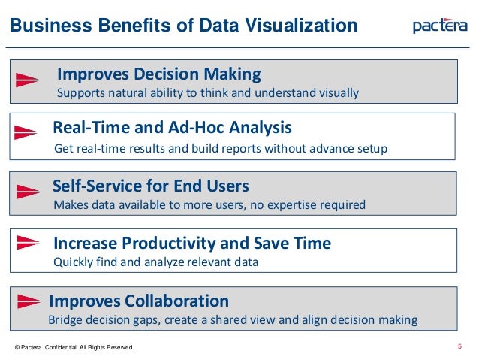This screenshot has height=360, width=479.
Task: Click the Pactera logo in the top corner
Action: (441, 26)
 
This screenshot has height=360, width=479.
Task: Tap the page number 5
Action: (459, 346)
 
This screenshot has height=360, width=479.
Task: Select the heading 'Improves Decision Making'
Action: (159, 74)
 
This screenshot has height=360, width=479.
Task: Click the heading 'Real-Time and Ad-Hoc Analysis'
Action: (173, 127)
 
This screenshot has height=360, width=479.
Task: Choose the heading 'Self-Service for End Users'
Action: (151, 185)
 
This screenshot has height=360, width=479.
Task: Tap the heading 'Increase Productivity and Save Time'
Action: (192, 244)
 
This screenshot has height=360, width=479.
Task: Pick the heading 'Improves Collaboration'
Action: (139, 301)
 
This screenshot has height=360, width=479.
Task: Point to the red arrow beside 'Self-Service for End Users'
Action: (28, 190)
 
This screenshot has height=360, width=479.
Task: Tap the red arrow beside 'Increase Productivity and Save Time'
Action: (28, 242)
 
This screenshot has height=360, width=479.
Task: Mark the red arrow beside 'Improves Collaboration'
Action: (28, 300)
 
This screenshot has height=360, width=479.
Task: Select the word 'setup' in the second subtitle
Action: (372, 149)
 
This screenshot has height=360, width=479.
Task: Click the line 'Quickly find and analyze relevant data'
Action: (156, 263)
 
